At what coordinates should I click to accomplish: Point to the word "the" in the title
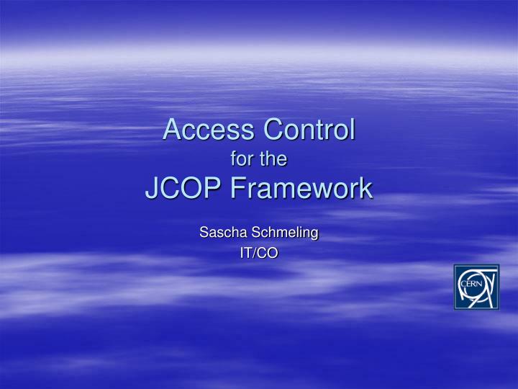click(274, 160)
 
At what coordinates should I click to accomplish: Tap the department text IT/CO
click(259, 252)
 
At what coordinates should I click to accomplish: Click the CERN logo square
click(476, 287)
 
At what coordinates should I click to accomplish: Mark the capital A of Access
click(172, 130)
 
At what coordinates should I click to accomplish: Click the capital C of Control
click(272, 130)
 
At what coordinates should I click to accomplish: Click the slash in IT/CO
click(257, 252)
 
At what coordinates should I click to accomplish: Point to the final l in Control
click(352, 130)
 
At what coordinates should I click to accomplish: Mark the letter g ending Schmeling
click(314, 234)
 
